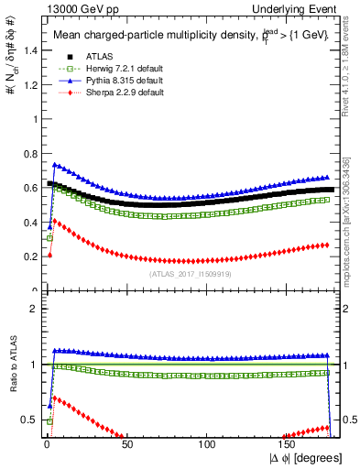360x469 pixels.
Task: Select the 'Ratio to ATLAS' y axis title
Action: [x=12, y=366]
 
